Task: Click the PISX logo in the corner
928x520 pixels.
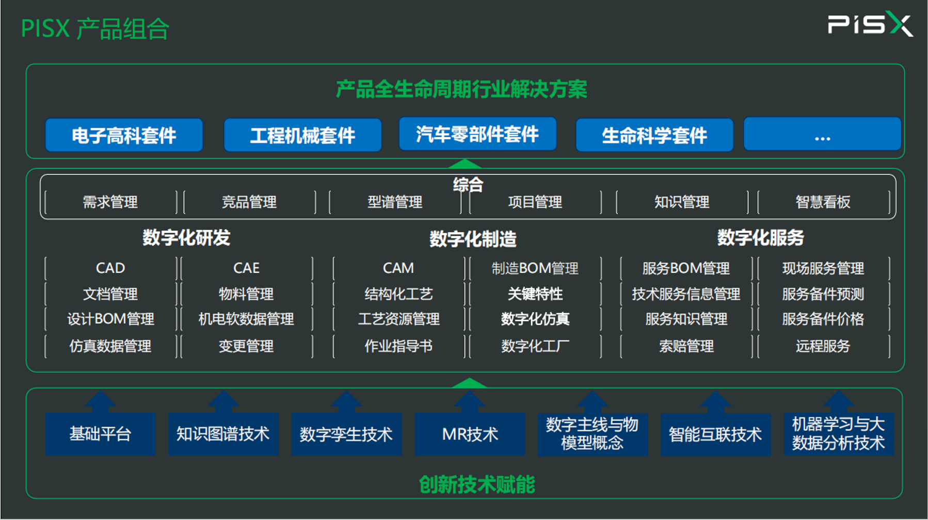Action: click(x=870, y=24)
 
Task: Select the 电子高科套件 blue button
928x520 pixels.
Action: click(x=124, y=135)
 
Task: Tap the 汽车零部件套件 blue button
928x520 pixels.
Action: click(x=477, y=134)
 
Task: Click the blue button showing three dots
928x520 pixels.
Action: click(x=822, y=134)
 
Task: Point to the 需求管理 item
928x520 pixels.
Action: click(x=110, y=202)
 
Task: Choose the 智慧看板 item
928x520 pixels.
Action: click(x=823, y=202)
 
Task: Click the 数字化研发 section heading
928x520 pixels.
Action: click(x=186, y=238)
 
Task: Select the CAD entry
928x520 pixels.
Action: click(x=110, y=268)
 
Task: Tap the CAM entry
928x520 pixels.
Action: click(x=398, y=268)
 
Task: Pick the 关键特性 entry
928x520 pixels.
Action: click(x=535, y=294)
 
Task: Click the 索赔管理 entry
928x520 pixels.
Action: click(x=686, y=346)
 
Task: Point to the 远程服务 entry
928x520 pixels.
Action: click(x=823, y=346)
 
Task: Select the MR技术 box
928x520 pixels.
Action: click(x=470, y=434)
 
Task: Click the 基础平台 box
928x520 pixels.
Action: click(x=100, y=434)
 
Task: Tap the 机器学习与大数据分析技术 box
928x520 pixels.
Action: click(x=839, y=434)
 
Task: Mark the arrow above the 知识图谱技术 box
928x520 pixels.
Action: click(x=223, y=401)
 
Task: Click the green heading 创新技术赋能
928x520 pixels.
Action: click(x=477, y=484)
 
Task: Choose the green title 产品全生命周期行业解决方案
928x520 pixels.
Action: click(x=461, y=89)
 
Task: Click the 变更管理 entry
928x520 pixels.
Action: click(x=246, y=346)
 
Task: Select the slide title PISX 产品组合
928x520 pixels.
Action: click(x=95, y=28)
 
